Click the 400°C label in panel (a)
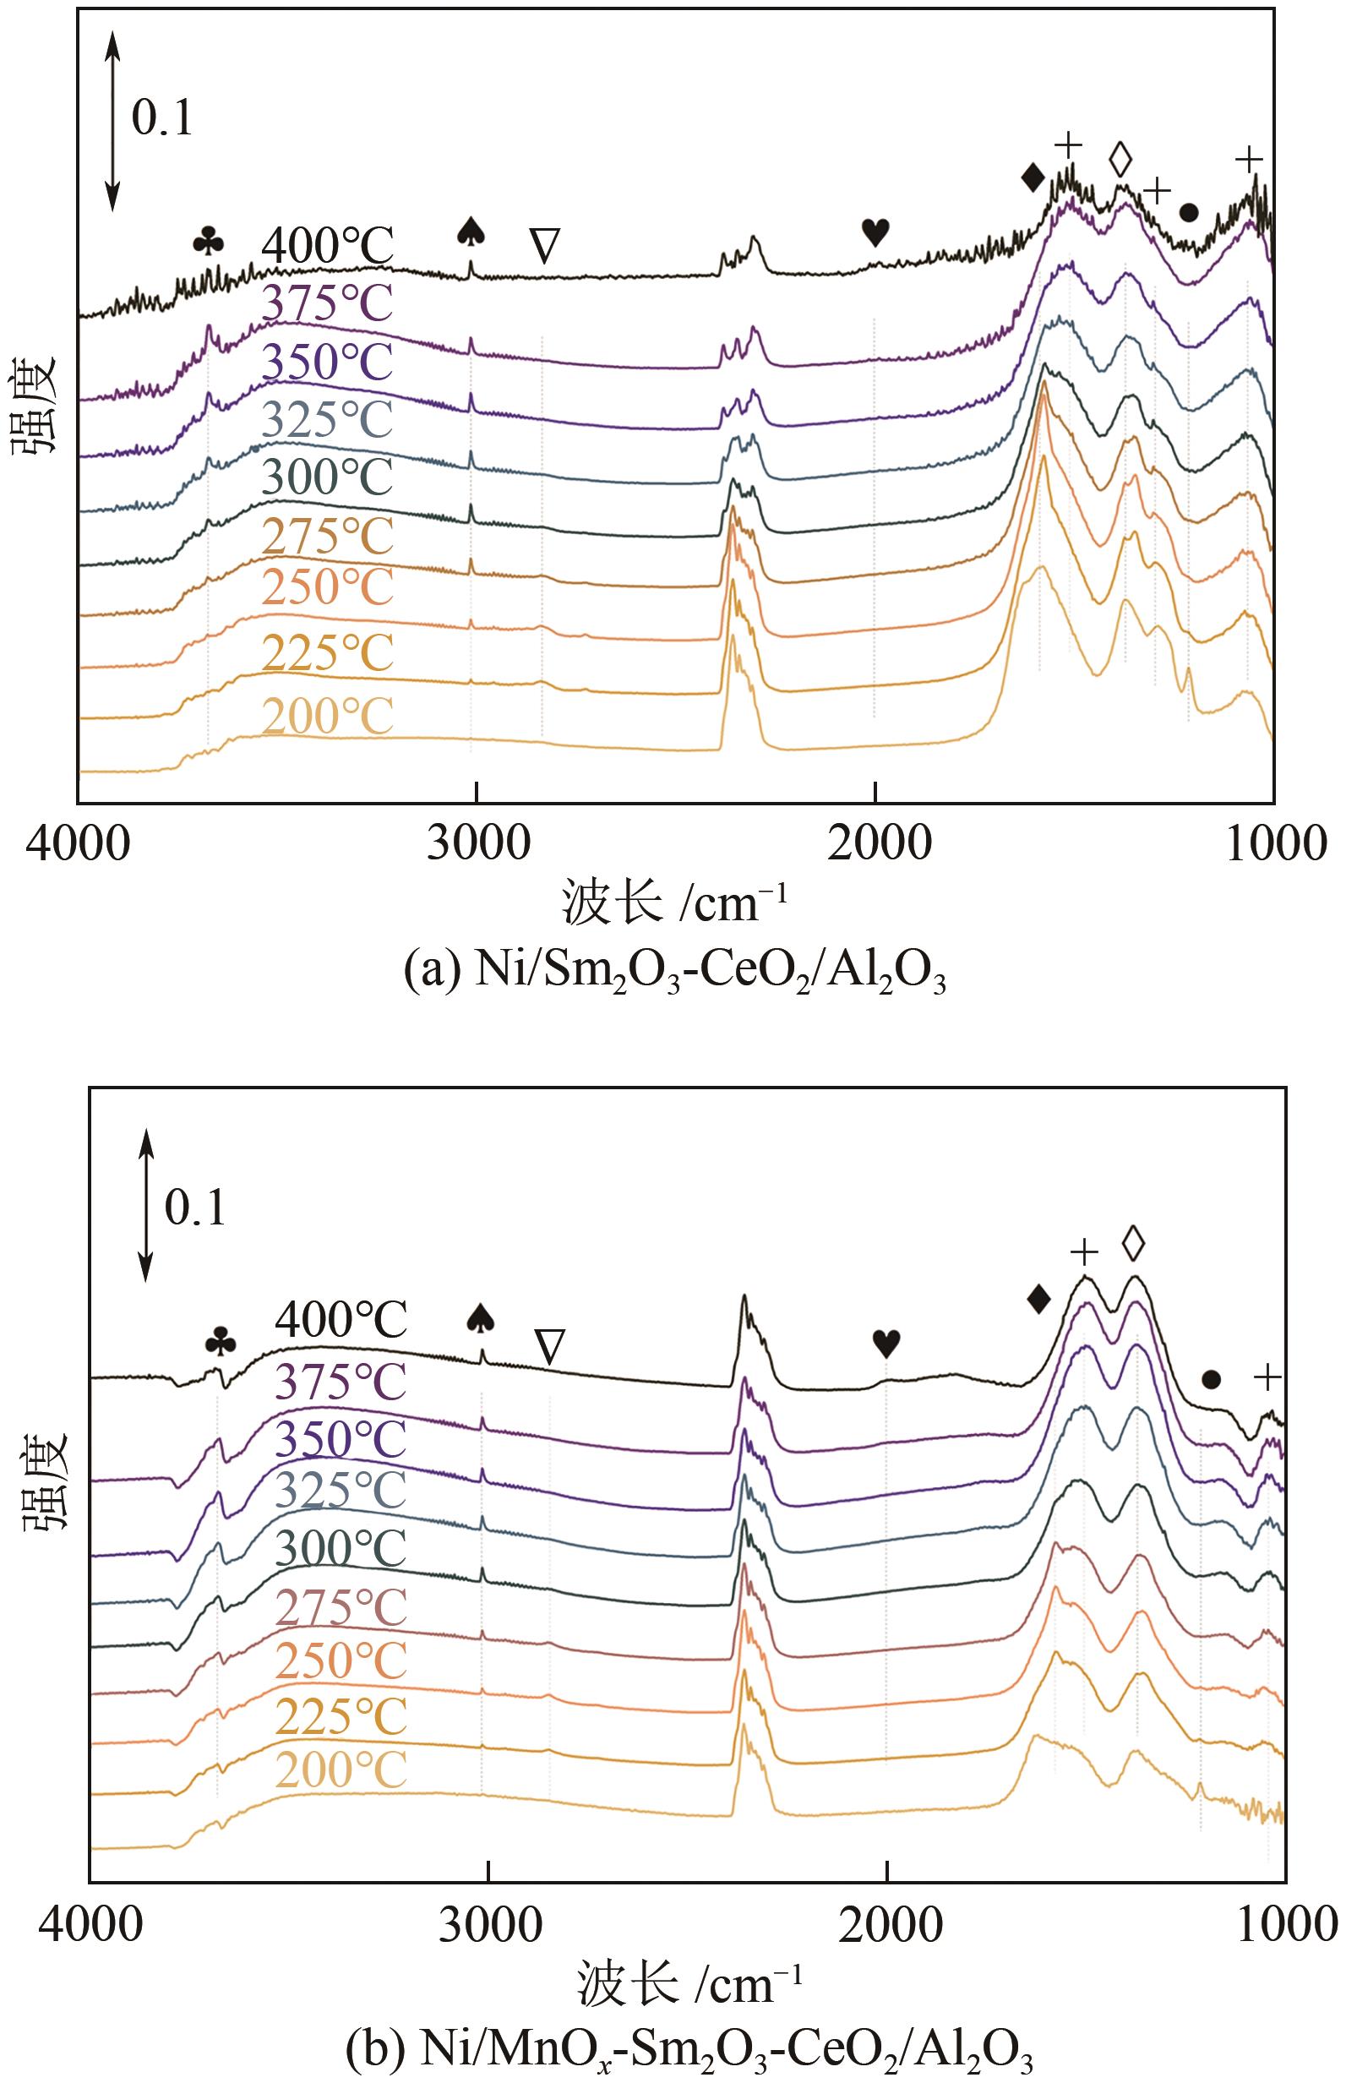click(328, 247)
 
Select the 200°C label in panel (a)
click(328, 716)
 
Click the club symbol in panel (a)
click(209, 241)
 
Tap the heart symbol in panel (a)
click(875, 232)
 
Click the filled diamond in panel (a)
click(1033, 178)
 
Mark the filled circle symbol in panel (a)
click(1188, 212)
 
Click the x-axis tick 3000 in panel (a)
click(477, 843)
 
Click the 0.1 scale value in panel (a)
click(161, 117)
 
